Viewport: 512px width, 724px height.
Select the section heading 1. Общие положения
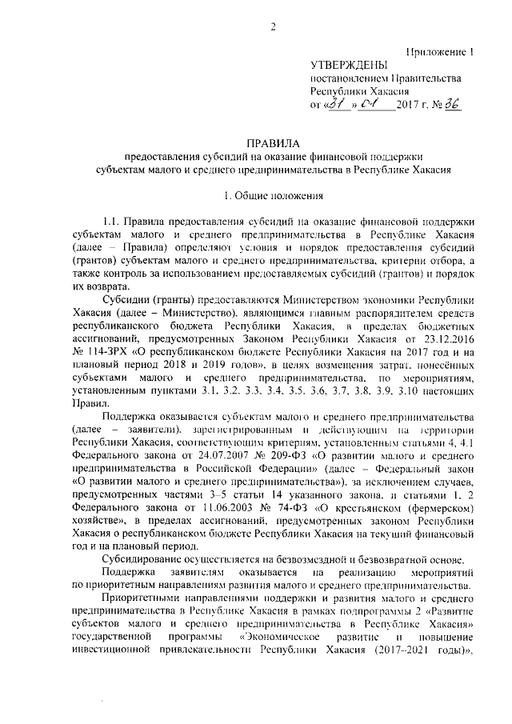[x=273, y=195]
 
